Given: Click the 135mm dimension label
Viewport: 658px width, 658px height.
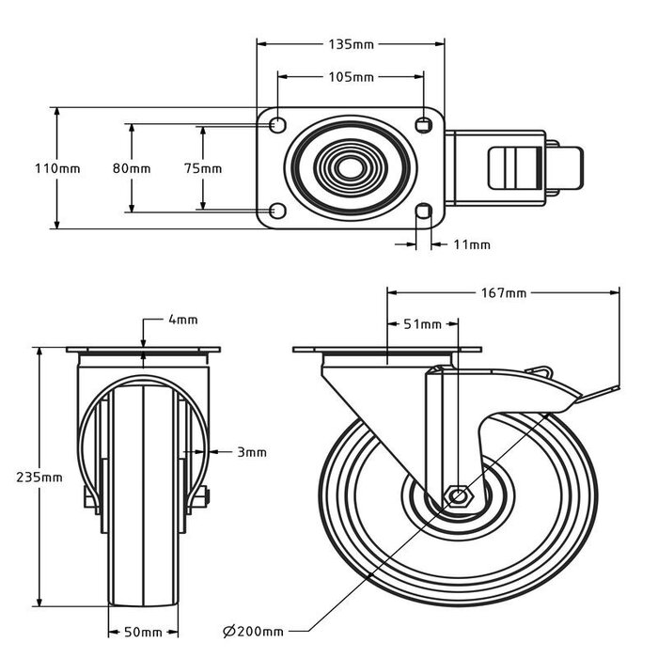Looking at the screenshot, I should coord(351,43).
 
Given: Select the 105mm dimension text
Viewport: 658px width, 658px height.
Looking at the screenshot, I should coord(351,77).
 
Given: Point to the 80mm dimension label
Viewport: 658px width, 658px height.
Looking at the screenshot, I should coord(132,168).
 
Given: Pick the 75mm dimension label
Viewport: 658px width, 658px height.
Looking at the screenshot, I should coord(203,168).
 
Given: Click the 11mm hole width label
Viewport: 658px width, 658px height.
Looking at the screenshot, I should coord(472,244).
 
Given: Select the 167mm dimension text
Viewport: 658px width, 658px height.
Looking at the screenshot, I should coord(503,292).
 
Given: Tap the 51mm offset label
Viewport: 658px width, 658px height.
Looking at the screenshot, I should coord(423,324).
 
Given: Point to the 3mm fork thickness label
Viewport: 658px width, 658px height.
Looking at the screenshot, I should coord(252,452).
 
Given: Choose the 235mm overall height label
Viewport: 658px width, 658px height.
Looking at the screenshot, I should coord(40,477).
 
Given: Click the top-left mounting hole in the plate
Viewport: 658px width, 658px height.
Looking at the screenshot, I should coord(277,125).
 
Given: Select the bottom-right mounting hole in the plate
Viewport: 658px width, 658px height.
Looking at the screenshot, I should coord(424,210).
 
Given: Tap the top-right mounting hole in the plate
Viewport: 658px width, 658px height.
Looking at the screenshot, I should coord(424,125).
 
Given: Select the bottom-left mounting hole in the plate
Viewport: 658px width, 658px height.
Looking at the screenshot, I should coord(277,210).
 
